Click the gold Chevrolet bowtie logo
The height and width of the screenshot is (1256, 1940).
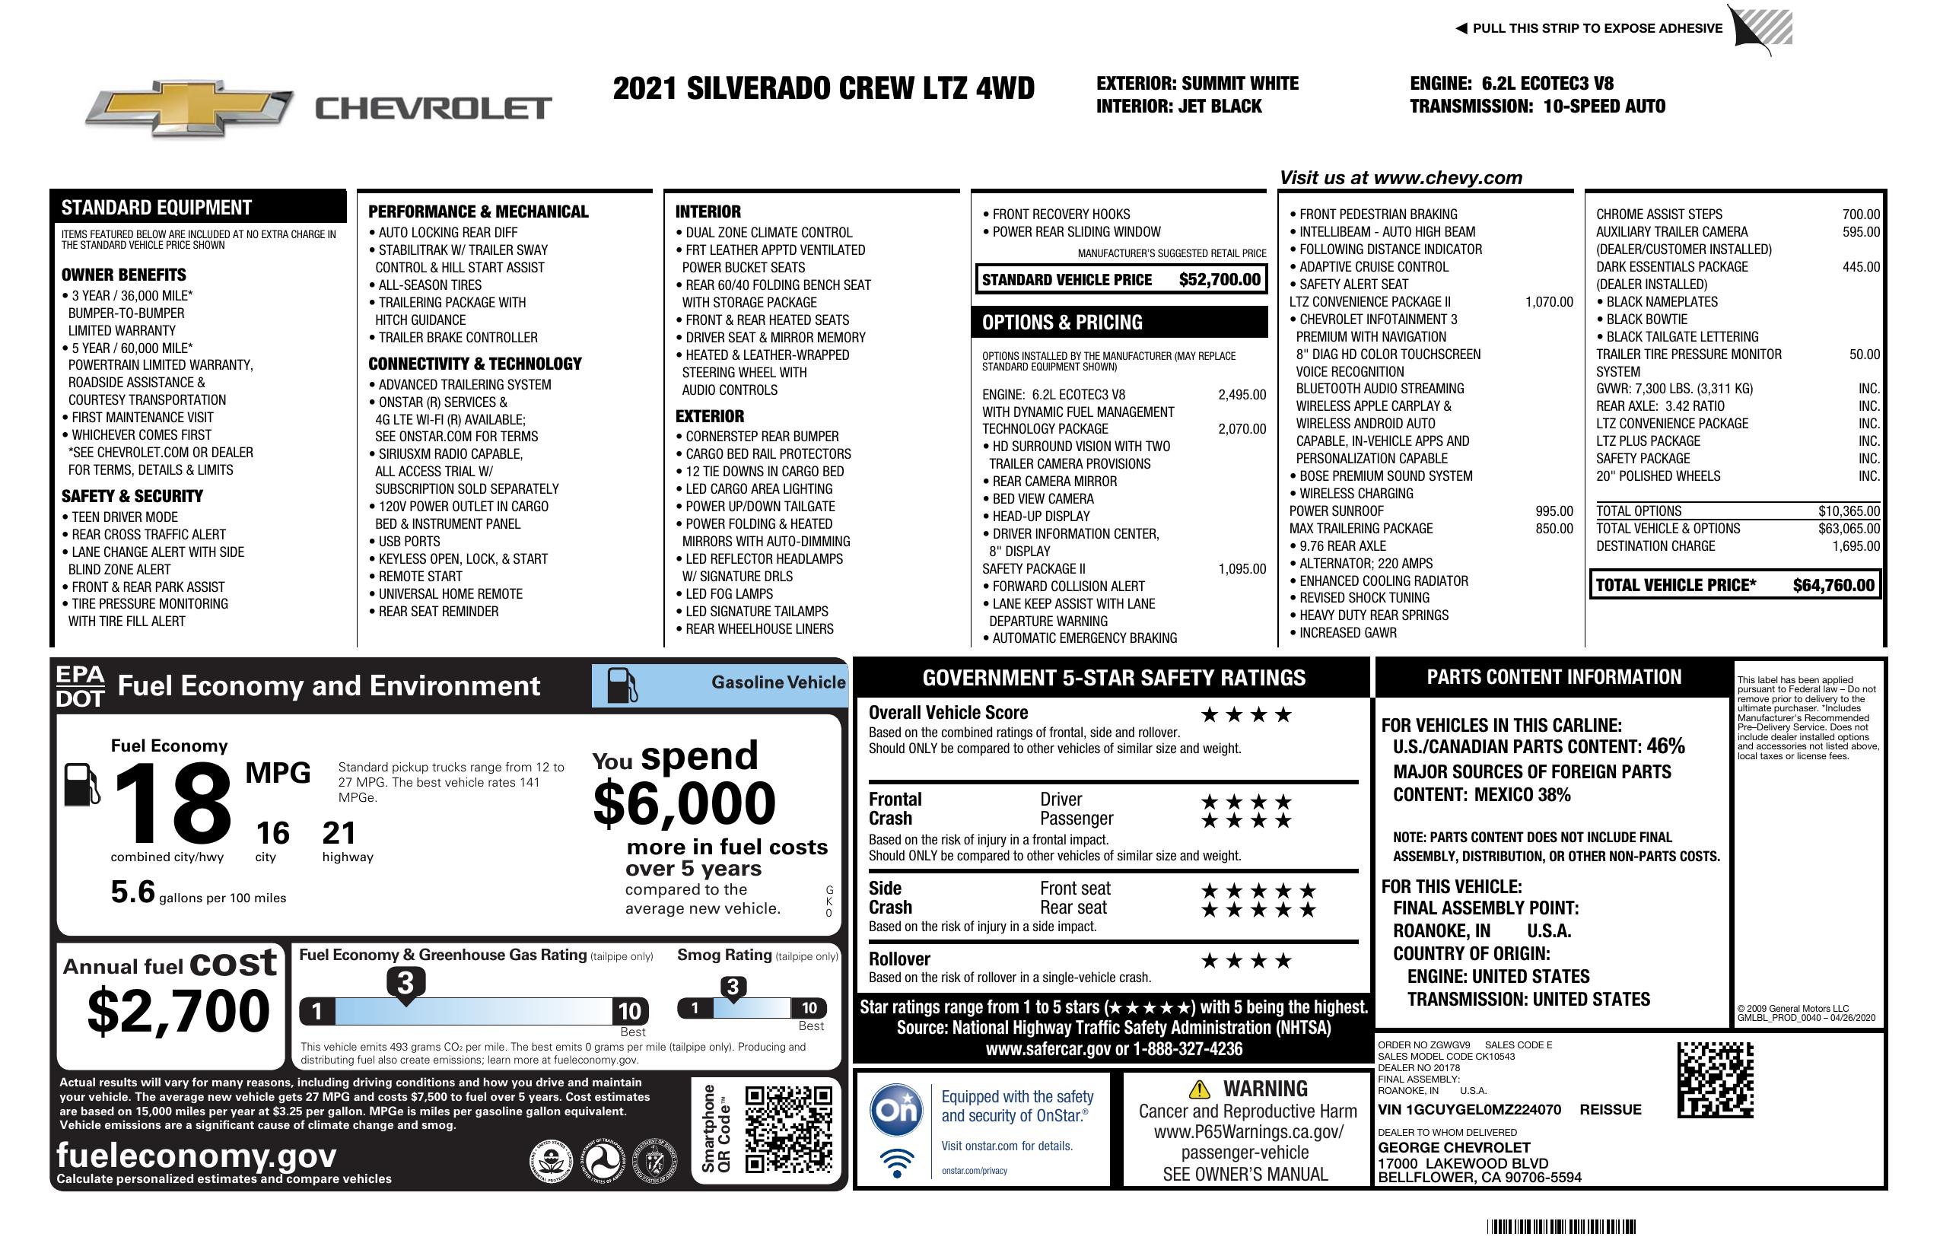click(x=189, y=108)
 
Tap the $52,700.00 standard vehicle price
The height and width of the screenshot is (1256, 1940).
click(x=1219, y=279)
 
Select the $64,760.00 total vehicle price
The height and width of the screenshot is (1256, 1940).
click(x=1833, y=585)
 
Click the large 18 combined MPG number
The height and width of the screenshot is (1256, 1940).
click(x=173, y=803)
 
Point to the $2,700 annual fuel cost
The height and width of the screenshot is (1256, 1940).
click(x=179, y=1011)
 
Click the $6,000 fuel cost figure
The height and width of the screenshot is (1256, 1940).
click(x=684, y=803)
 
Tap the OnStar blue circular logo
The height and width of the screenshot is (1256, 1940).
click(x=897, y=1109)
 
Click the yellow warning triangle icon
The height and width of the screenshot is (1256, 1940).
click(x=1199, y=1089)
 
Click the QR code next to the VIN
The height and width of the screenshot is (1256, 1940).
click(x=1715, y=1080)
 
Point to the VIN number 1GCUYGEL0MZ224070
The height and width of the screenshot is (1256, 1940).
click(x=1469, y=1109)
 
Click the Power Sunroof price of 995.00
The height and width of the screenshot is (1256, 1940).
click(x=1554, y=511)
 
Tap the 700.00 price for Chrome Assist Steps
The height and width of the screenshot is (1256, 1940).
click(x=1860, y=215)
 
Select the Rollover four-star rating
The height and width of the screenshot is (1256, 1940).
click(x=1245, y=961)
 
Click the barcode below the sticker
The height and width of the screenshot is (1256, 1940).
click(x=1561, y=1226)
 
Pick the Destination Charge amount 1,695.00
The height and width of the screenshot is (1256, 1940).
click(x=1856, y=546)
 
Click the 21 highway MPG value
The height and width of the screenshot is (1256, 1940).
click(x=339, y=833)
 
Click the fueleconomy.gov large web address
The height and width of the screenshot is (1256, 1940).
click(x=196, y=1155)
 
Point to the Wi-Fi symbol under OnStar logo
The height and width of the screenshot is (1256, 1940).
click(x=897, y=1162)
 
